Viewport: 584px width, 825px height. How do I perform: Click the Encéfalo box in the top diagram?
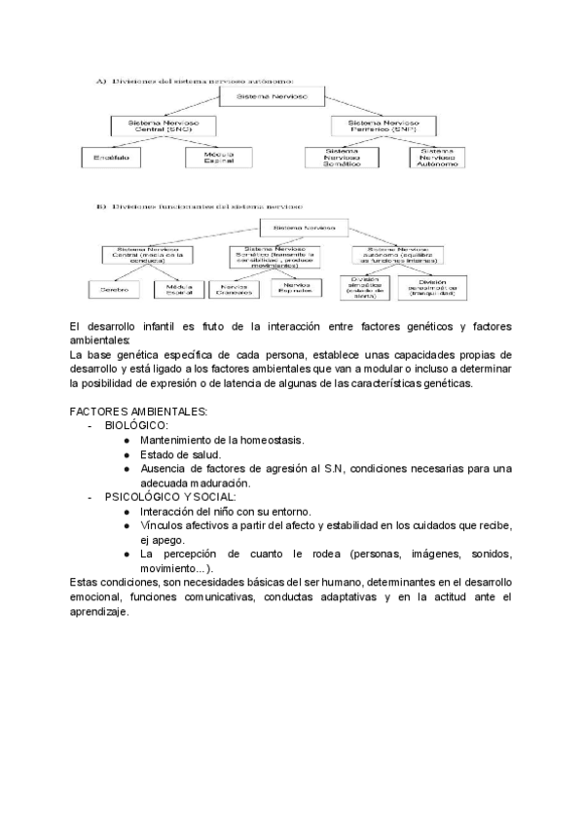(x=110, y=158)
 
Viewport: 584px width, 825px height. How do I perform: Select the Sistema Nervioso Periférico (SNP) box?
(x=383, y=126)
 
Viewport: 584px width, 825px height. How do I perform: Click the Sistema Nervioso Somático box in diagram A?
(x=342, y=158)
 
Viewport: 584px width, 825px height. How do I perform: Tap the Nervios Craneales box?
(x=234, y=289)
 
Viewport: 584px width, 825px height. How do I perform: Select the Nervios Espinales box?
(x=295, y=289)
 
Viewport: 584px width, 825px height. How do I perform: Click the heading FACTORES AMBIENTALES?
(x=138, y=412)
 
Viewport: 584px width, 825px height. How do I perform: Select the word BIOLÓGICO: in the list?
(x=136, y=426)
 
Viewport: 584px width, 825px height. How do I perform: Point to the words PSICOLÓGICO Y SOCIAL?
(x=169, y=497)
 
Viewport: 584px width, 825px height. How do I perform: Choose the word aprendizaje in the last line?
(x=100, y=612)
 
